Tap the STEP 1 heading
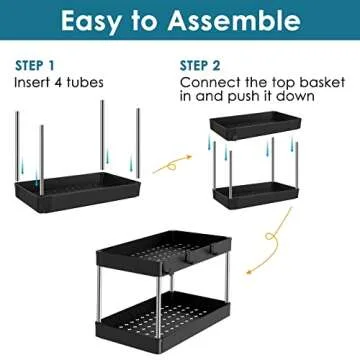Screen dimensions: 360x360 click(35, 65)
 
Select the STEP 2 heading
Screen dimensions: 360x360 click(200, 65)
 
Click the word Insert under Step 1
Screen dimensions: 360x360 click(34, 83)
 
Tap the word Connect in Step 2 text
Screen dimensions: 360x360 click(208, 83)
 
